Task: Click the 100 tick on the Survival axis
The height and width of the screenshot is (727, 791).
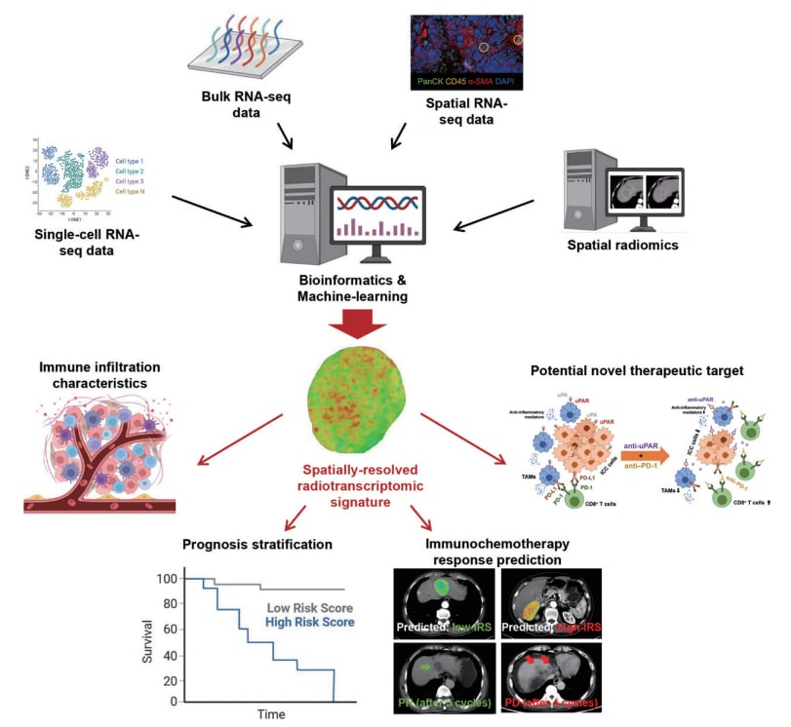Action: click(x=171, y=578)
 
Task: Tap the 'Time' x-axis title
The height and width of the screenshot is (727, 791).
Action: click(x=271, y=715)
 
